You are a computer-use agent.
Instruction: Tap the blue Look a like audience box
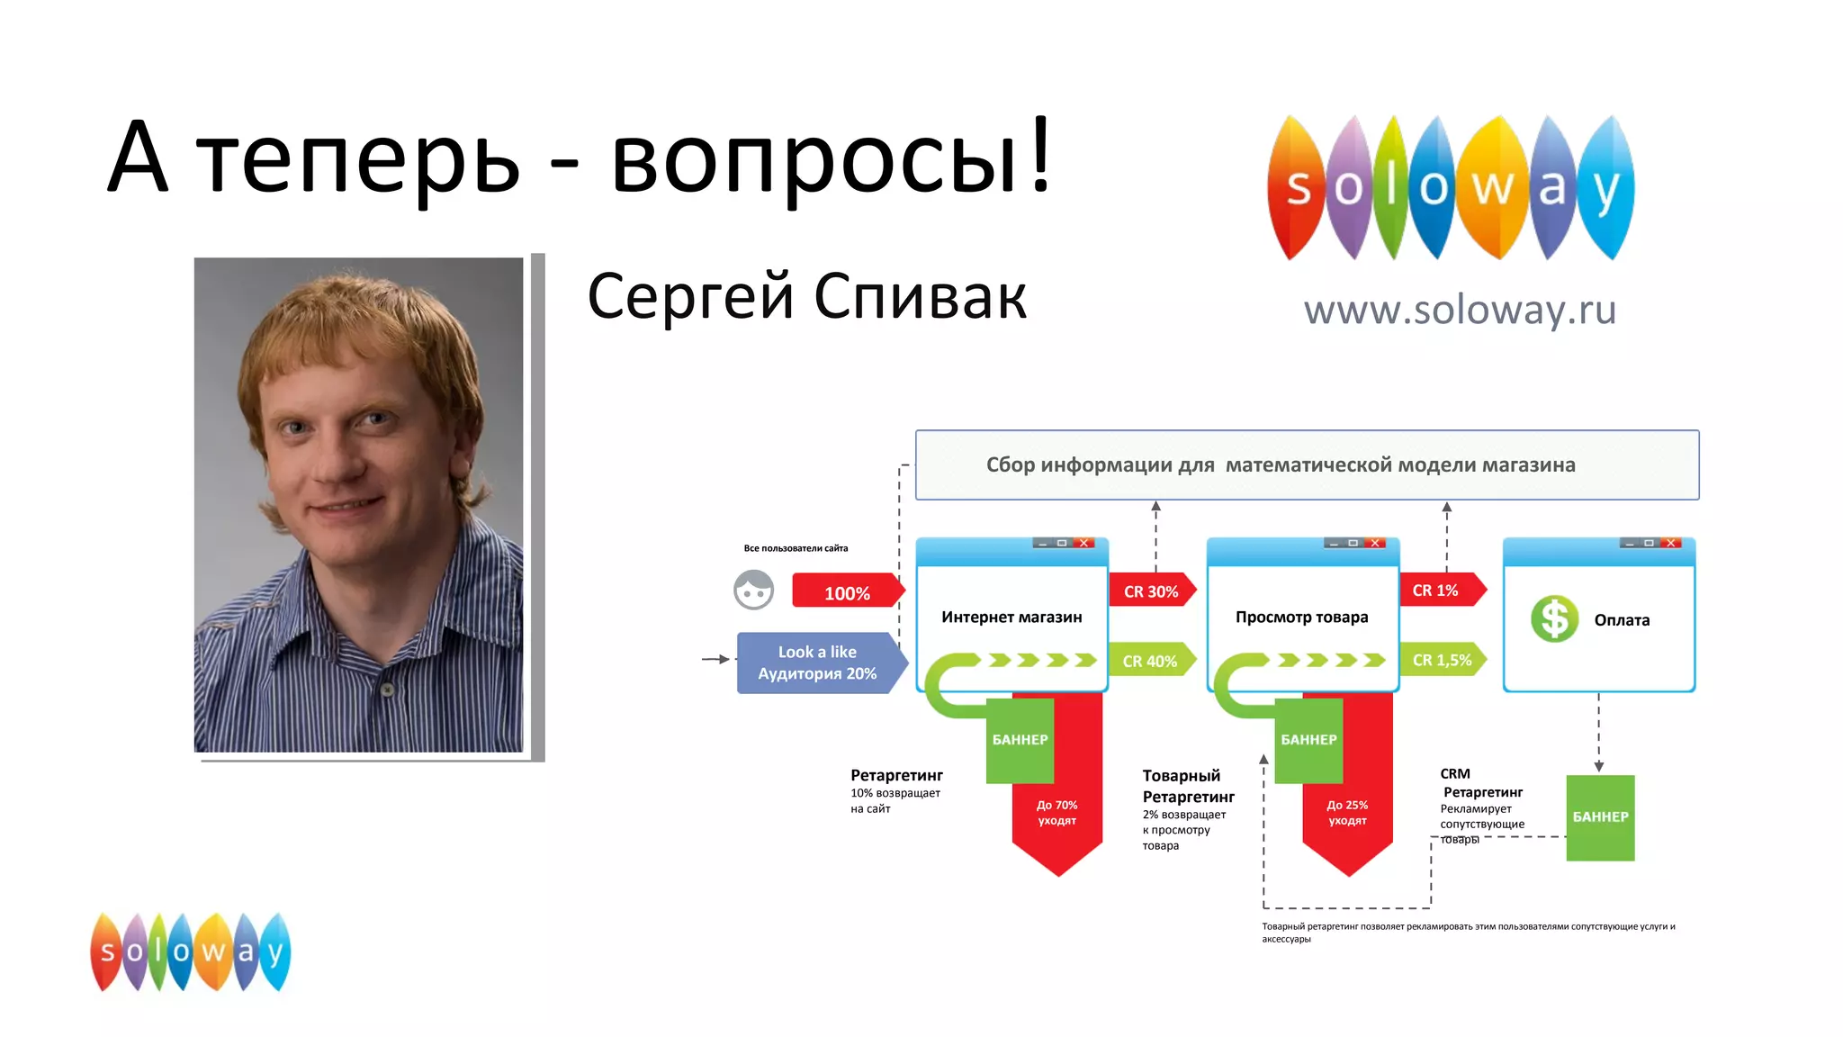(817, 663)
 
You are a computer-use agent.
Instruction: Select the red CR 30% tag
(1151, 591)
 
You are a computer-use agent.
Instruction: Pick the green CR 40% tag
(1150, 661)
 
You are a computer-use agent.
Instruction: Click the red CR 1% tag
(1436, 591)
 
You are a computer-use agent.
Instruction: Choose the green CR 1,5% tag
(1442, 660)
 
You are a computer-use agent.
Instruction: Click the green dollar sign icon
(1554, 619)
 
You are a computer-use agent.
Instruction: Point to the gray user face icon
(754, 591)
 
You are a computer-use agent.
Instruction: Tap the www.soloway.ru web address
(1460, 311)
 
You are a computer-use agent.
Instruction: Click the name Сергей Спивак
(806, 296)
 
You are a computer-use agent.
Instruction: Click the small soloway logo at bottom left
(191, 952)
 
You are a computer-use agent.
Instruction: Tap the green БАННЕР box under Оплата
(1600, 817)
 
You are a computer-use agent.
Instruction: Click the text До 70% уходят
(1056, 813)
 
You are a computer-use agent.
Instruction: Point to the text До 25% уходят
(1347, 813)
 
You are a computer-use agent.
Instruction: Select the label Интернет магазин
(1011, 618)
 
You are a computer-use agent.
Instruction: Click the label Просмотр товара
(1301, 618)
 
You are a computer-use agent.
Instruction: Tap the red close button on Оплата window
(1671, 543)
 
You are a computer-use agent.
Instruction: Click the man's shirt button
(388, 690)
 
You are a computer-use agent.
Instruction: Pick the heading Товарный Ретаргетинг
(1188, 786)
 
